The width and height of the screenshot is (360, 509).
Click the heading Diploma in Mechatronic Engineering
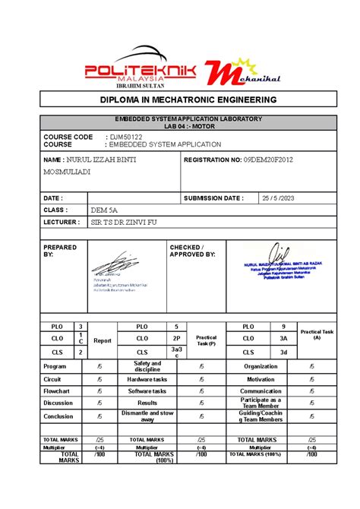pyautogui.click(x=179, y=100)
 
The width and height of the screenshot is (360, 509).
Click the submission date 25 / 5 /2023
pyautogui.click(x=276, y=198)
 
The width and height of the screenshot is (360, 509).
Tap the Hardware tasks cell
pyautogui.click(x=147, y=378)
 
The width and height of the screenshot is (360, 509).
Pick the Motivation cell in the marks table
pyautogui.click(x=261, y=378)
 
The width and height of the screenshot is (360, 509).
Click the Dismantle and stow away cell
pyautogui.click(x=147, y=416)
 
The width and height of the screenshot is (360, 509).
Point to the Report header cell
pyautogui.click(x=102, y=340)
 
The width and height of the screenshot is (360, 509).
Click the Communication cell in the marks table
pyautogui.click(x=261, y=390)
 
